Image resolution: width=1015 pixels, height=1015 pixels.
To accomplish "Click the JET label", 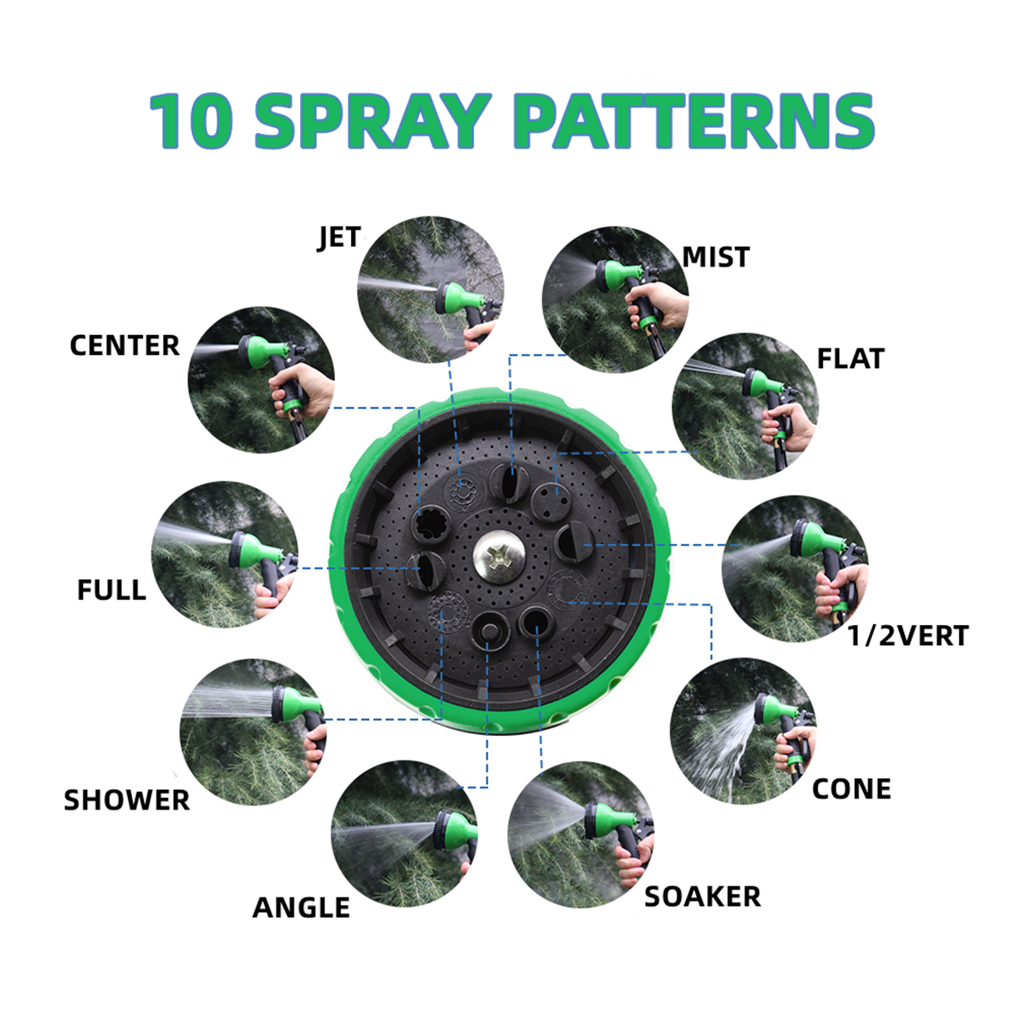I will point(340,238).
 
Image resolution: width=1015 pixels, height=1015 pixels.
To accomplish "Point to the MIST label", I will point(716,256).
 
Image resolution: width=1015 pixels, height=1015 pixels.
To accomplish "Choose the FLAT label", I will point(850,359).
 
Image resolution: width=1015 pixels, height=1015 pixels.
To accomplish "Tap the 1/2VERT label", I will point(908,635).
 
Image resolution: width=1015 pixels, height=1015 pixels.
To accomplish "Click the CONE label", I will point(851,788).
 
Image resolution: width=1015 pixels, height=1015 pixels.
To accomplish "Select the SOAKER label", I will point(702,897).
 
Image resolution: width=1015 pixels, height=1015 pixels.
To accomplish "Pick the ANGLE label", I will point(301,908).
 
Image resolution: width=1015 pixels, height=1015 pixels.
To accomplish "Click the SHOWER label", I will point(127,800).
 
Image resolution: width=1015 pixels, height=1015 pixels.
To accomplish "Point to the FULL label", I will point(111,590).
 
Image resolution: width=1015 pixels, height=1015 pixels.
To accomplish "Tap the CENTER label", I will point(124,345).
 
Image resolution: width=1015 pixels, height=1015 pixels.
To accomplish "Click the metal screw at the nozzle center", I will point(496,557).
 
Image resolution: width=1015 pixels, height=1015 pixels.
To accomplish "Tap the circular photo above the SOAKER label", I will point(580,834).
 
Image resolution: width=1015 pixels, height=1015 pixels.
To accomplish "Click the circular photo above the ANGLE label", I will point(404,834).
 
